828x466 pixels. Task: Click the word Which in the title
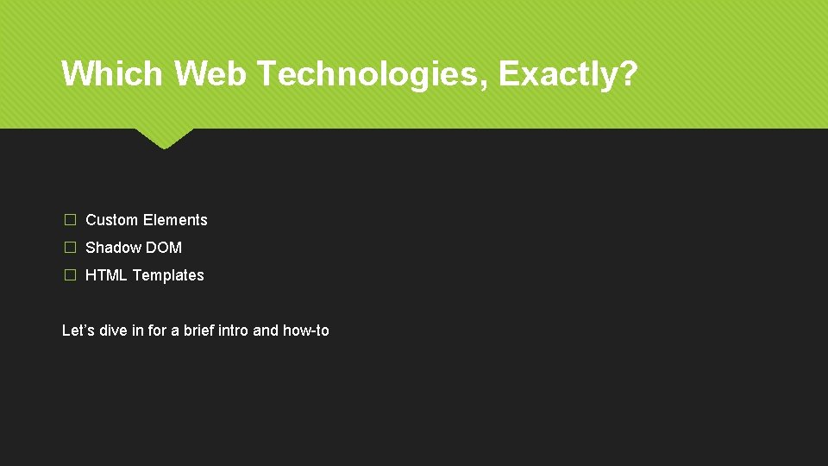click(112, 72)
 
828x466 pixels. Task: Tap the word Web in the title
click(210, 72)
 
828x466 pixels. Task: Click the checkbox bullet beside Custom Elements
click(70, 220)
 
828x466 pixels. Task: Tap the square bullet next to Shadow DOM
click(70, 248)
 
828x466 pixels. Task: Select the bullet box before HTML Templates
click(70, 274)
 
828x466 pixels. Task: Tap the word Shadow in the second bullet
click(113, 248)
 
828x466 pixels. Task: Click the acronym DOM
click(164, 248)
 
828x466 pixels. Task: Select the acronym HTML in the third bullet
click(106, 274)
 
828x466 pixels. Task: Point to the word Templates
click(168, 276)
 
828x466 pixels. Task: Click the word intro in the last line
click(233, 331)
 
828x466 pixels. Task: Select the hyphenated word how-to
click(305, 331)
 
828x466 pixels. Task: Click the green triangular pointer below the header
click(164, 138)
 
